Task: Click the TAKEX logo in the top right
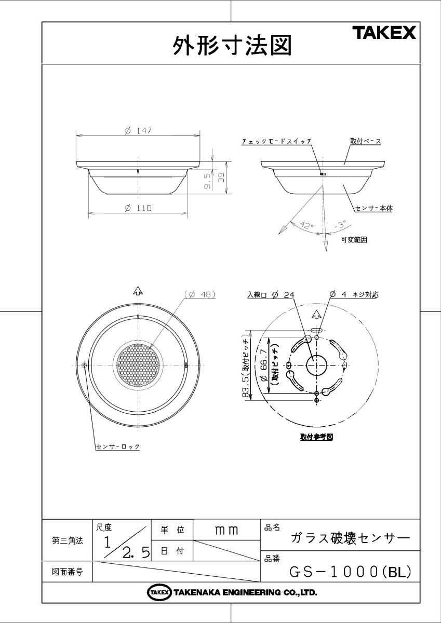click(385, 33)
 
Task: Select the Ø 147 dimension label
click(138, 131)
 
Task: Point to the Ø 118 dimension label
click(138, 208)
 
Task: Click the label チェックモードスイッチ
click(276, 141)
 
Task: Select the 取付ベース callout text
click(365, 141)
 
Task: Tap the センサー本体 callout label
click(373, 208)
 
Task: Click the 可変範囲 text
click(354, 240)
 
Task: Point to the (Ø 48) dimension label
click(199, 294)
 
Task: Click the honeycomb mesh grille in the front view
click(137, 366)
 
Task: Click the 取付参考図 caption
click(316, 437)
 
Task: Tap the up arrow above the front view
click(137, 291)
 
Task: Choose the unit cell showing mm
click(226, 530)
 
